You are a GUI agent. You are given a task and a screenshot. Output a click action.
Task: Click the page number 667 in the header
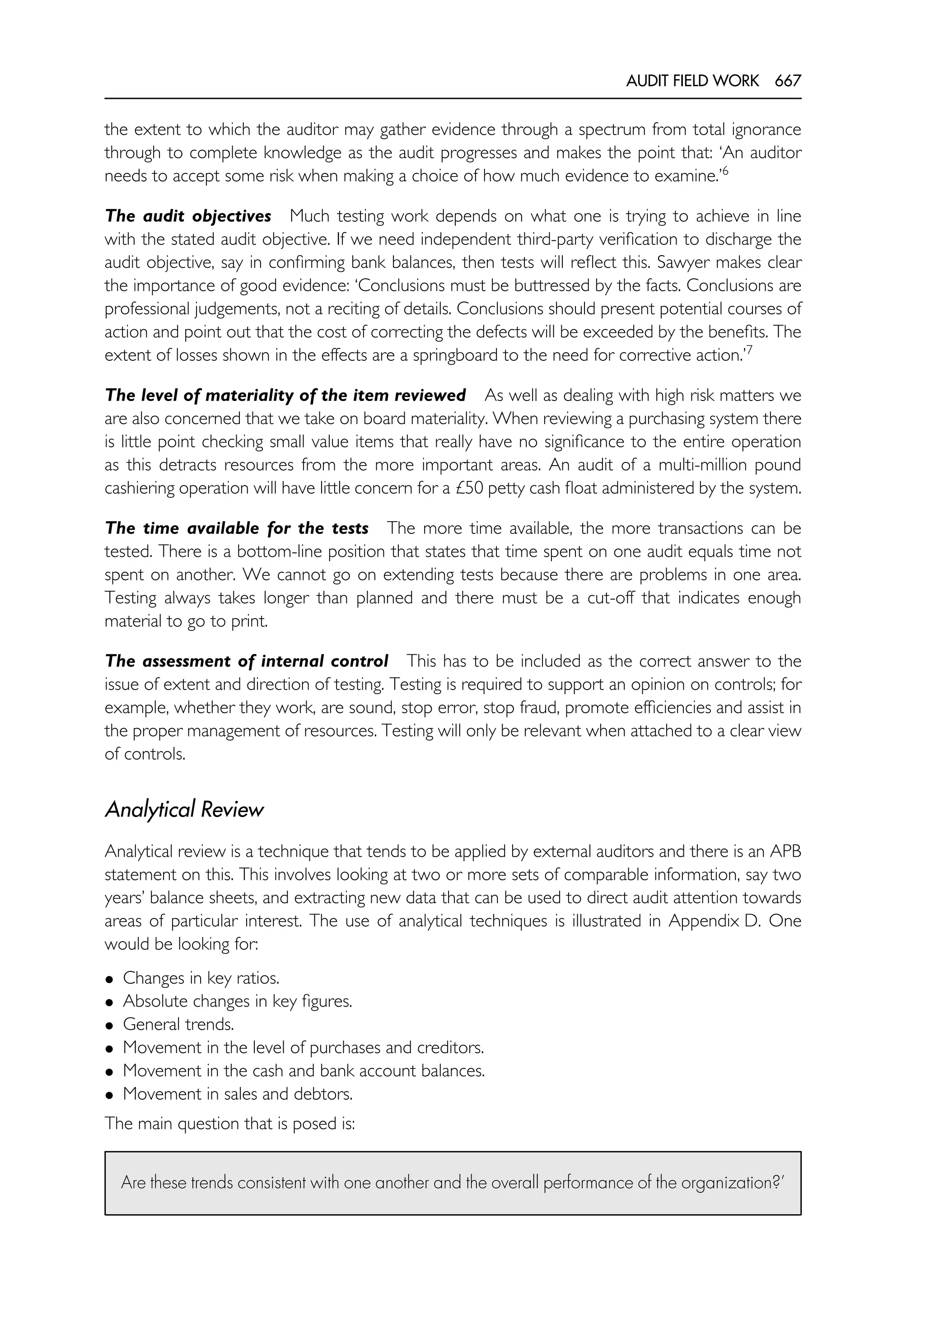tap(788, 80)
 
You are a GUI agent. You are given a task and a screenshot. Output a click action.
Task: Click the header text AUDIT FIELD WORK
tap(692, 80)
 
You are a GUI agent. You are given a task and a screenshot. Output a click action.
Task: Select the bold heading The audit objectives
tap(188, 216)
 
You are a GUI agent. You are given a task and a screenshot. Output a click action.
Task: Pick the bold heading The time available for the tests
tap(237, 528)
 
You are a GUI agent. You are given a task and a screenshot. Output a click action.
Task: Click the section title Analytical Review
tap(184, 809)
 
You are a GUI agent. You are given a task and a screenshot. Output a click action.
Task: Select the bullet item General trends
tap(178, 1024)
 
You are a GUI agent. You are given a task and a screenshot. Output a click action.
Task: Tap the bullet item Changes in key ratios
tap(201, 978)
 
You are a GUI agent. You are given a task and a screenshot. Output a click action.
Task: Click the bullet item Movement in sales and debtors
tap(238, 1094)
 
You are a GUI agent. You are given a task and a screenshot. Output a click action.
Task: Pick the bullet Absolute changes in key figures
tap(237, 1001)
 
